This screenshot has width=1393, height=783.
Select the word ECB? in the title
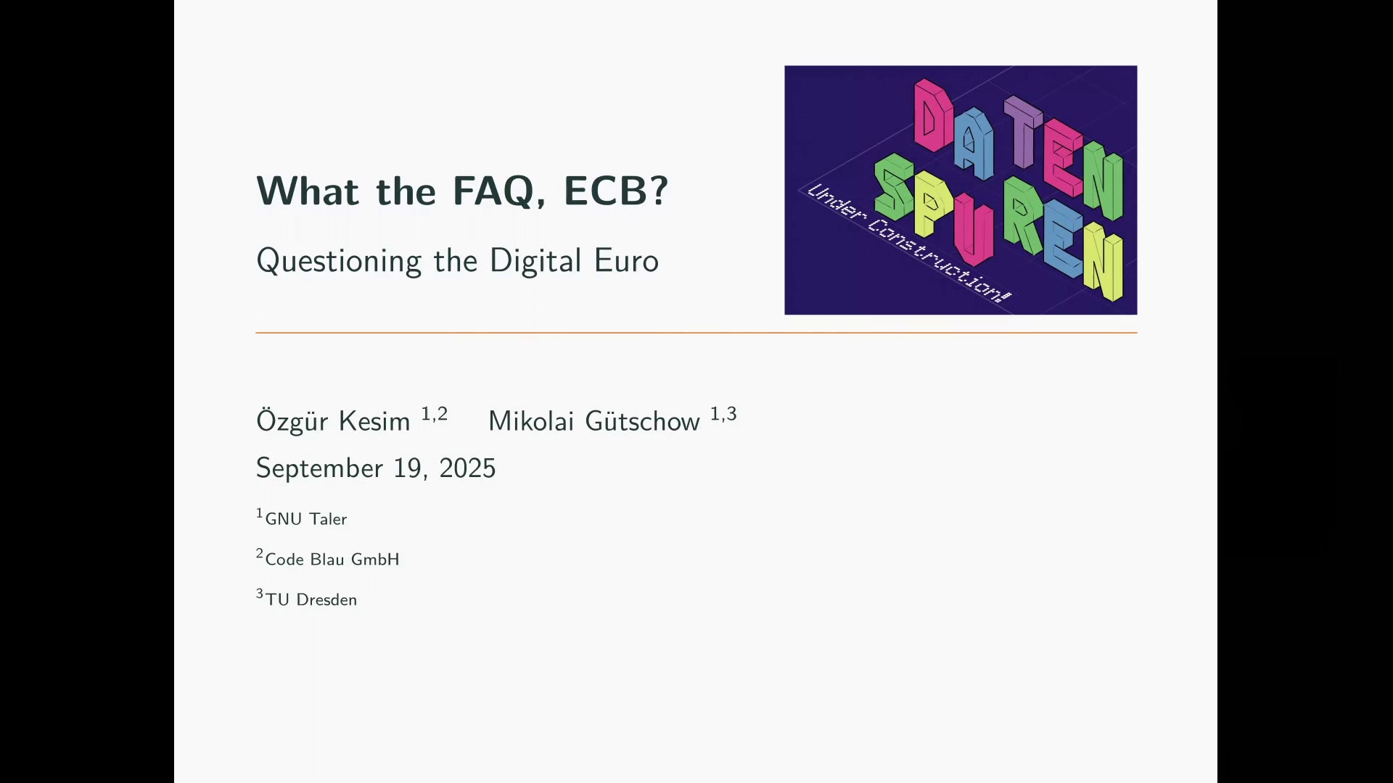tap(615, 191)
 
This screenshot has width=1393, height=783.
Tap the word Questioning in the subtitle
tap(339, 262)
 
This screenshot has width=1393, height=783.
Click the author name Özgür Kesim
tap(333, 420)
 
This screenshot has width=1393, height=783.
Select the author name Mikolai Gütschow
tap(594, 420)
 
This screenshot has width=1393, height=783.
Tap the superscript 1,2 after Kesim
tap(435, 414)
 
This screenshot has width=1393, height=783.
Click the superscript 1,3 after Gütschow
tap(723, 414)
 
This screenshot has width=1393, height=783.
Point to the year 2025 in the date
tap(467, 468)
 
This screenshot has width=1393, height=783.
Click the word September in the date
tap(319, 469)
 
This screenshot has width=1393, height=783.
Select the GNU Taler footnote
tap(302, 518)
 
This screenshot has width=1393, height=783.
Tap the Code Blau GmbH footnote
tap(328, 558)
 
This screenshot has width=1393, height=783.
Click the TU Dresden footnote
tap(307, 599)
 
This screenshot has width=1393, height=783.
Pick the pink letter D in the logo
tap(933, 115)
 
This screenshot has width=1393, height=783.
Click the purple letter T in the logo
tap(1023, 130)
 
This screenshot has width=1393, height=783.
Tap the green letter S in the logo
tap(894, 186)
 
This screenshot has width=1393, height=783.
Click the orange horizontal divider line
tap(696, 333)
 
